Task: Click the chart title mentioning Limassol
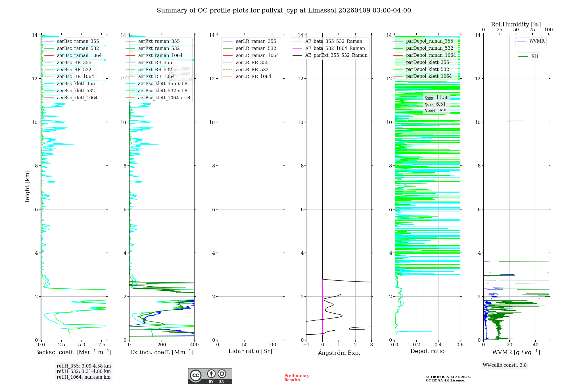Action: (x=284, y=11)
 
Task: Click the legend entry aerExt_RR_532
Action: (x=155, y=70)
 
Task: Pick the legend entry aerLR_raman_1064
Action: (x=257, y=56)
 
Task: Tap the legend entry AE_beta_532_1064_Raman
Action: (x=335, y=49)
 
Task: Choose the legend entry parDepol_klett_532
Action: (x=427, y=70)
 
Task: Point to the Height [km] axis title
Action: (x=27, y=188)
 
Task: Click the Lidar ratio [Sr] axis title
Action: (x=250, y=351)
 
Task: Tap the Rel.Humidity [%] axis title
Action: (x=516, y=24)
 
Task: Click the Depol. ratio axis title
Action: (x=427, y=351)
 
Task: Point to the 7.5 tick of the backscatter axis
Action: (x=102, y=345)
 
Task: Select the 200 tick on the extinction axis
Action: (x=162, y=345)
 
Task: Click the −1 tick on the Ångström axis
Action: (x=306, y=345)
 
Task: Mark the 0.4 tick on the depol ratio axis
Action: (x=438, y=345)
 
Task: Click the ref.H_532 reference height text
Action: (x=84, y=372)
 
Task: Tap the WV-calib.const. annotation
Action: (x=505, y=365)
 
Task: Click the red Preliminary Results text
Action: (x=296, y=378)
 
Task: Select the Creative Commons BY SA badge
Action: (x=210, y=376)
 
